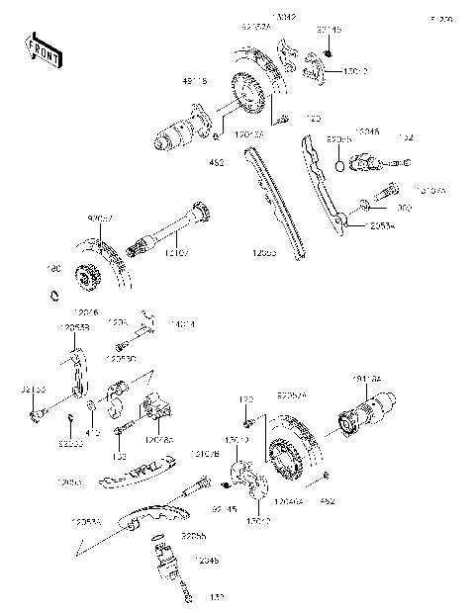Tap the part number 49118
coord(196,83)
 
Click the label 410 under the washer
coord(94,431)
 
